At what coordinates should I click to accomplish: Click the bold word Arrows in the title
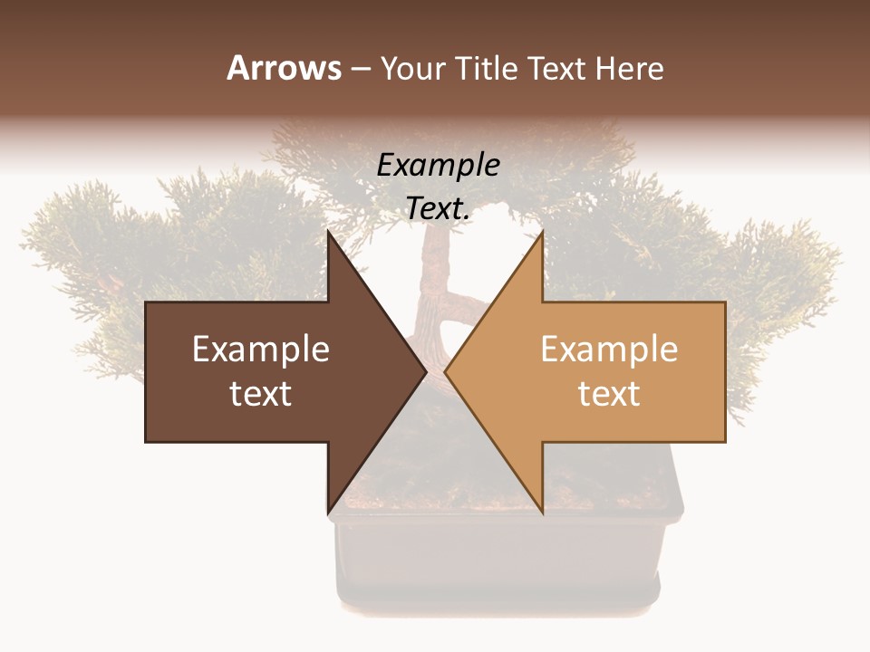pos(284,68)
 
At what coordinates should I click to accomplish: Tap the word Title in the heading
pos(484,68)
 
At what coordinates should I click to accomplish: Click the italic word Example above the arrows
pos(439,165)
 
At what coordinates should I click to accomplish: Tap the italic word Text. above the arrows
pos(439,208)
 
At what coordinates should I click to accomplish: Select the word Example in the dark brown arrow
pos(261,349)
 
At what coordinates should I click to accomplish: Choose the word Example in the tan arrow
pos(609,349)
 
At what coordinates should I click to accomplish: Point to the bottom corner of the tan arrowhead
pos(542,512)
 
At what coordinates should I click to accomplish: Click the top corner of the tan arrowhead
pos(542,233)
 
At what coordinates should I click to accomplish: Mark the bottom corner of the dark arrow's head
pos(328,512)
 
